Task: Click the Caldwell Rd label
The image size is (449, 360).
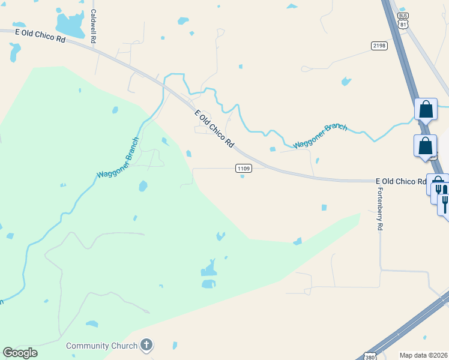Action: (93, 26)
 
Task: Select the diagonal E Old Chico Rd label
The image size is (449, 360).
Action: (214, 128)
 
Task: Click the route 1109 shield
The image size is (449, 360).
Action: (243, 169)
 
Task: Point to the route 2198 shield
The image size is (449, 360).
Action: (379, 46)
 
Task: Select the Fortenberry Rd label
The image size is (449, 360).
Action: (379, 209)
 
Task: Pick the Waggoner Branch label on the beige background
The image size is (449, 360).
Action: (320, 136)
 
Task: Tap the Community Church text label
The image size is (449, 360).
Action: (101, 346)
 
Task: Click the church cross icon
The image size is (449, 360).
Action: (146, 345)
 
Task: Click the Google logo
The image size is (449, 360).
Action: (20, 353)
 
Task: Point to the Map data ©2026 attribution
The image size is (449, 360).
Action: (423, 355)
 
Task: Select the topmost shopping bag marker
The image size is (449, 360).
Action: (426, 110)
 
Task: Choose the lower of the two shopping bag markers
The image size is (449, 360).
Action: (425, 146)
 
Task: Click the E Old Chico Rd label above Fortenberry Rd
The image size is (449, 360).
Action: (400, 181)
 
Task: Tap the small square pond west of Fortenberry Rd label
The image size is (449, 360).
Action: (324, 208)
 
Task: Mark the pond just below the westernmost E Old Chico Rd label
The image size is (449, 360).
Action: (14, 52)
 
